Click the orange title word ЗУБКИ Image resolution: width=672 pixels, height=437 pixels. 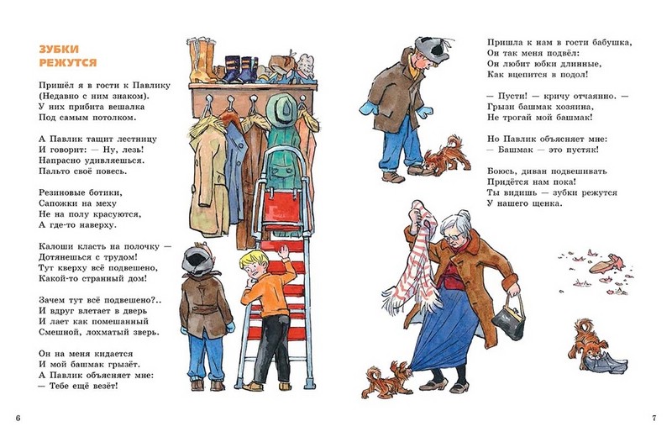tap(59, 50)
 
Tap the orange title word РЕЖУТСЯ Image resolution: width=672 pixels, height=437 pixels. tap(68, 63)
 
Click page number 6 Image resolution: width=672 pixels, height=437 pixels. tap(18, 419)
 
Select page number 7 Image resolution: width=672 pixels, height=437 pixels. tap(654, 419)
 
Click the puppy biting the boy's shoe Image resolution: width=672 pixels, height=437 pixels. tap(447, 155)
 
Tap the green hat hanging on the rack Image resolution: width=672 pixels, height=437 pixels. tap(281, 109)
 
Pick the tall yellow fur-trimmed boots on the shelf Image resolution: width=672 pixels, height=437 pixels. tap(203, 60)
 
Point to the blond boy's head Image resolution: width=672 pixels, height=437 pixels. tap(254, 264)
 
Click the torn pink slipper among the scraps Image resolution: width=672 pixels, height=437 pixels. tap(605, 264)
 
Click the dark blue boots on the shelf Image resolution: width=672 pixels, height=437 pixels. tap(239, 70)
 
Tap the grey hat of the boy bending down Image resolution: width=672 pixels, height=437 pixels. tap(432, 47)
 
